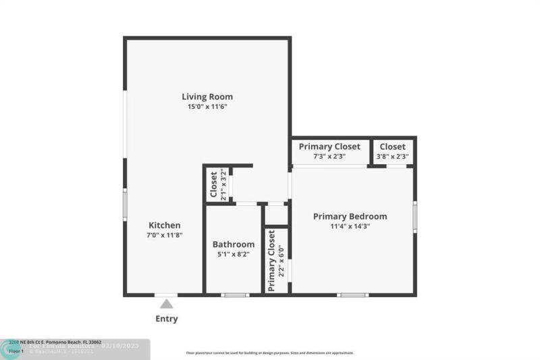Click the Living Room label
(207, 97)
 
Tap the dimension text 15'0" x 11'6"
(207, 107)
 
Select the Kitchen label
(165, 225)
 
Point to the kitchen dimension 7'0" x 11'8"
(165, 235)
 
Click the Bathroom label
(234, 245)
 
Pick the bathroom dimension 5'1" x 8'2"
(234, 255)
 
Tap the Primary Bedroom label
(350, 216)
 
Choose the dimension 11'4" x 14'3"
(350, 226)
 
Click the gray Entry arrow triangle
(166, 304)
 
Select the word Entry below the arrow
(167, 319)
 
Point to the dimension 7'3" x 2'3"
(330, 157)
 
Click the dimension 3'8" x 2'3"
(392, 157)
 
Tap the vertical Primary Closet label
(271, 261)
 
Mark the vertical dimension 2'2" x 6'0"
(281, 261)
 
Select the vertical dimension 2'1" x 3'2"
(223, 185)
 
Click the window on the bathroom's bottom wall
(235, 294)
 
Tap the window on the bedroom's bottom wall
(352, 294)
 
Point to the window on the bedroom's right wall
(414, 216)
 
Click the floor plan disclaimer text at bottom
(270, 353)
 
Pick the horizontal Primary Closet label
(330, 147)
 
